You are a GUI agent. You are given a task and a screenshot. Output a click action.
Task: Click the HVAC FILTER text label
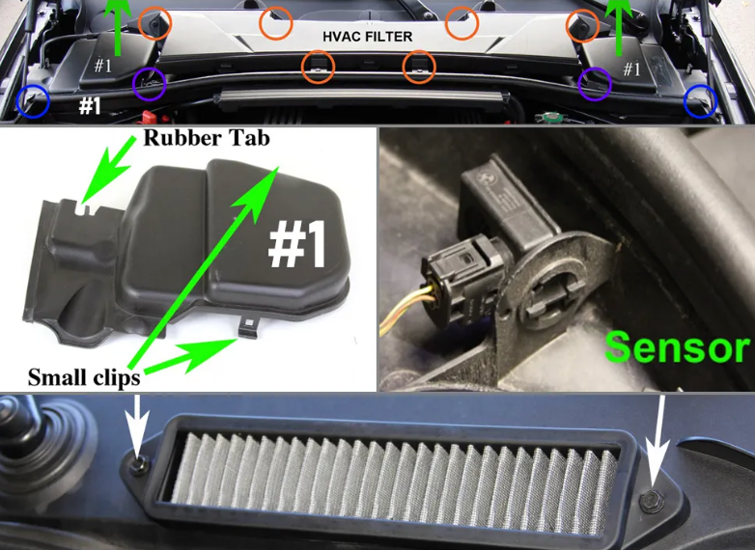[368, 37]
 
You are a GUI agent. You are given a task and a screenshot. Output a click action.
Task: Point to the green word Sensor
[677, 347]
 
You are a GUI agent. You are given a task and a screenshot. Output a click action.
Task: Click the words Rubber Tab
[206, 138]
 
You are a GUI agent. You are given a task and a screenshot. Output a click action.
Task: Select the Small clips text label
[84, 377]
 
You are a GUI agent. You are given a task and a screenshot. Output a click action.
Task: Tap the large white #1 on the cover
[296, 244]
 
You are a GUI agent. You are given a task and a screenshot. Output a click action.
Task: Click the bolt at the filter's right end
[652, 502]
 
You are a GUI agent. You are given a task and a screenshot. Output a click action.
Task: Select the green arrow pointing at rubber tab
[108, 169]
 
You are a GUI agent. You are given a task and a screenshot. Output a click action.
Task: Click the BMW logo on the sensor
[485, 179]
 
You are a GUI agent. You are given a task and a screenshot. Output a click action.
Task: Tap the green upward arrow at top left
[118, 26]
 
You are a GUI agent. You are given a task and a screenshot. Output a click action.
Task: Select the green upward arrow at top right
[619, 26]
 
